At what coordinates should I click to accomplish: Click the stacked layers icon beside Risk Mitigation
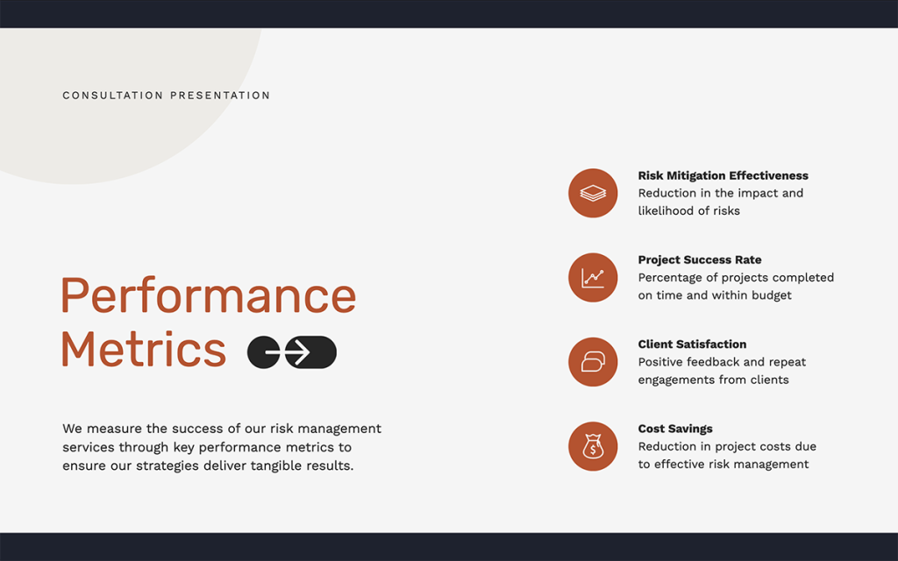(x=593, y=193)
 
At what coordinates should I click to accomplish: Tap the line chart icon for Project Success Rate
(x=593, y=277)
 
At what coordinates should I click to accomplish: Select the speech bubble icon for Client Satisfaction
(x=593, y=361)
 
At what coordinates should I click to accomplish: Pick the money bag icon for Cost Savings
(x=593, y=446)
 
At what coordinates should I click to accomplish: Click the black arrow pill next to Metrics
(x=292, y=352)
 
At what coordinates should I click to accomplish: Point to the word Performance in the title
(x=209, y=295)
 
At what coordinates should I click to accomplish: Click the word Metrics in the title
(x=144, y=349)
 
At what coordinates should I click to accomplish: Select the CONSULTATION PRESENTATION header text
(x=167, y=96)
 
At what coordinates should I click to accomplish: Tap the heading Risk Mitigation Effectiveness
(x=723, y=175)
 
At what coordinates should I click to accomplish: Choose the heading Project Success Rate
(x=699, y=259)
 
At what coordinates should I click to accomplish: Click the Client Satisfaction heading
(x=692, y=344)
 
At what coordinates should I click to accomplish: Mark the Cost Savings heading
(x=674, y=429)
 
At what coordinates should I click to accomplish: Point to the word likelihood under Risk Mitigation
(x=670, y=211)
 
